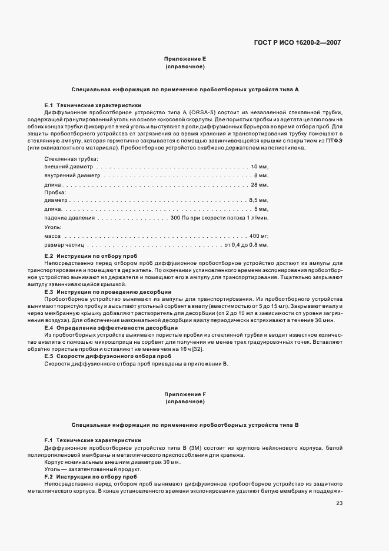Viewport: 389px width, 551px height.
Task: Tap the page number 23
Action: point(340,503)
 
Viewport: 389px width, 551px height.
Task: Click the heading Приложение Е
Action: point(185,59)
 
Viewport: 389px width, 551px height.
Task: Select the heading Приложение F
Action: point(185,393)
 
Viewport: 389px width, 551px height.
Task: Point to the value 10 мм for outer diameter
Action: point(259,167)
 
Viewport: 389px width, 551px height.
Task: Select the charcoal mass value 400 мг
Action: point(258,235)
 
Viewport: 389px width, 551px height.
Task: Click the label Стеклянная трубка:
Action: point(71,158)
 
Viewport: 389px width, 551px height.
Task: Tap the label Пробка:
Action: point(55,192)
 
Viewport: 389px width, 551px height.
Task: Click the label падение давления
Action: point(69,218)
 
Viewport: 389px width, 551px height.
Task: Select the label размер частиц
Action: point(65,244)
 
